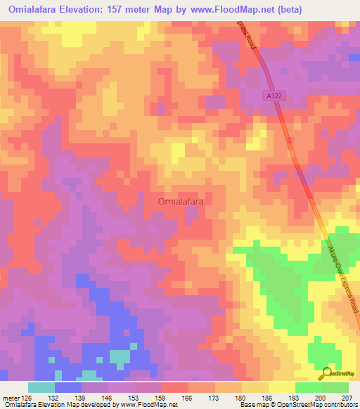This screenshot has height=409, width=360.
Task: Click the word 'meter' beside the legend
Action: click(x=11, y=397)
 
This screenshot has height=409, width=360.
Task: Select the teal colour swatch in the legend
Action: click(x=41, y=387)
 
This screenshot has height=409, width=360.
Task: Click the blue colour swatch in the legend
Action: click(x=68, y=387)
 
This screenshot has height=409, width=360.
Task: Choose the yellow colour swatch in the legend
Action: click(x=282, y=387)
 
